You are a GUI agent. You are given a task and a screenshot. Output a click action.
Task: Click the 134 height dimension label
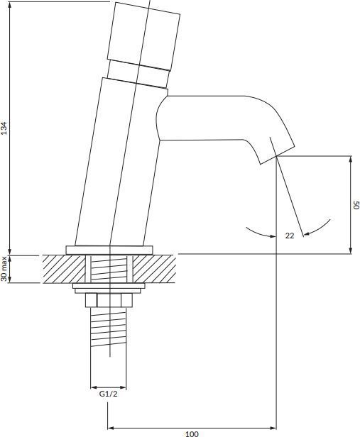coord(5,128)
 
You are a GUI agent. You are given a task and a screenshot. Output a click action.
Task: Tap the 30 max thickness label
coord(4,269)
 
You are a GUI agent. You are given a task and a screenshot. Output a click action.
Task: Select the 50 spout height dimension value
coord(356,205)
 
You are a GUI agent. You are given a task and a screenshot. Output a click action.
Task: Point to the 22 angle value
coord(290,236)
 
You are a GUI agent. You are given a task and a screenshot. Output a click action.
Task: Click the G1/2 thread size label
coord(109,394)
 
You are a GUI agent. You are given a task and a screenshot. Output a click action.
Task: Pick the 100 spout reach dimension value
coord(192,433)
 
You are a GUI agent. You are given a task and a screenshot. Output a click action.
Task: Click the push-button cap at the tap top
coord(143,36)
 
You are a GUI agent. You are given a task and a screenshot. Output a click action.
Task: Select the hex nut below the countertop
coord(109,300)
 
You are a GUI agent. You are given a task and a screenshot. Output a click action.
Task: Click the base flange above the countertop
coord(109,250)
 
